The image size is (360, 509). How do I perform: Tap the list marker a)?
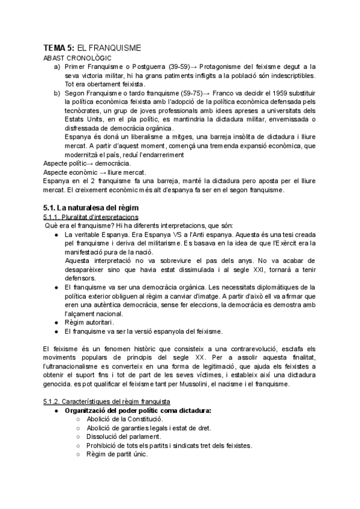(x=57, y=67)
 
